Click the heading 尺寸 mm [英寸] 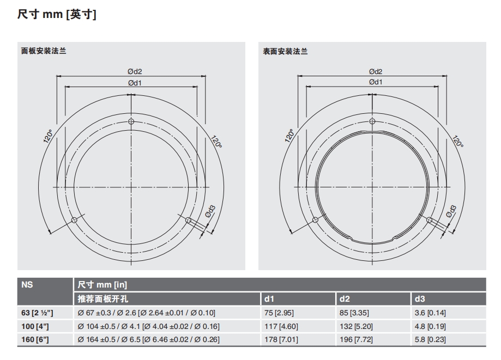coord(57,14)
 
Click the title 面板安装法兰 coord(44,51)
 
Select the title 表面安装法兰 coord(285,51)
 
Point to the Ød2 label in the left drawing coord(135,71)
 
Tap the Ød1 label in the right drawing coord(376,82)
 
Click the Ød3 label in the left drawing coord(210,212)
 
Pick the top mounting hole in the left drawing coord(131,121)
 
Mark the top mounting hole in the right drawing coord(372,121)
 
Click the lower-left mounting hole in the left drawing coord(74,220)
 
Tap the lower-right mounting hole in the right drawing coord(430,220)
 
